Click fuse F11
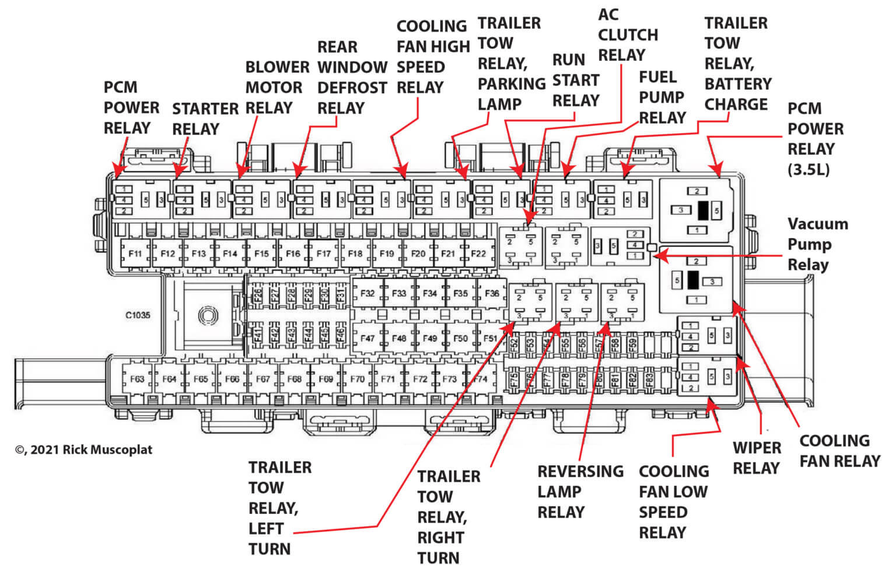pos(135,254)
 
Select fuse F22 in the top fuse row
pos(478,254)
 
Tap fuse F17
pos(324,254)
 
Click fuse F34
pos(430,294)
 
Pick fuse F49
pos(430,338)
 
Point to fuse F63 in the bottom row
pos(137,379)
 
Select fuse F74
pos(480,379)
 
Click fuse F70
pos(357,379)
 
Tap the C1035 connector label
pos(138,315)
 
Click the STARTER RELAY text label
pos(205,119)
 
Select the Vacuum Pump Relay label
pos(817,244)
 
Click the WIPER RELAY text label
pos(757,458)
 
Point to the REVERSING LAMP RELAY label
pos(580,492)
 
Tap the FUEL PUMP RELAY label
pos(662,98)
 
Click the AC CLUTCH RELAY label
pos(627,35)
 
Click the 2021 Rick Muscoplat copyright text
pos(83,450)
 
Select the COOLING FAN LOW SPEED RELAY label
pos(673,502)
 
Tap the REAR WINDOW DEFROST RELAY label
pos(352,78)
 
